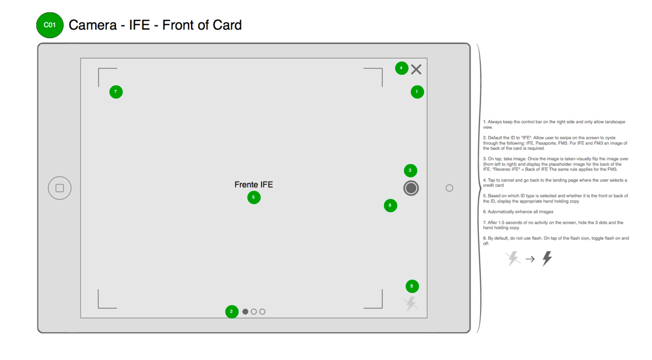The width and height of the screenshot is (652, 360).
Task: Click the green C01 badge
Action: click(x=50, y=25)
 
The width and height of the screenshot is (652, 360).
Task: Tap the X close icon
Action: click(x=416, y=70)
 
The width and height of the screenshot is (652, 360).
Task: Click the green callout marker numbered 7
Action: click(x=116, y=92)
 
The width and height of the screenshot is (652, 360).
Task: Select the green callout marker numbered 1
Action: click(x=417, y=92)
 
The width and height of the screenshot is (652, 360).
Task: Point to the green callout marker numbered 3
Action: click(x=410, y=171)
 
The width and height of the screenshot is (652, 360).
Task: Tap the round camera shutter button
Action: click(x=411, y=188)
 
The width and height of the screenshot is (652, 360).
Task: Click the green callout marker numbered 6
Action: click(x=390, y=205)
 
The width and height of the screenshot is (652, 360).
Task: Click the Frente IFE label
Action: click(x=253, y=185)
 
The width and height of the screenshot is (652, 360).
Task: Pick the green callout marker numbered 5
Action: click(x=253, y=197)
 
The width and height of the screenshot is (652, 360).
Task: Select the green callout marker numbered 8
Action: click(x=412, y=286)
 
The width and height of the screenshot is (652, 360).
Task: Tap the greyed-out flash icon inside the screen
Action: click(x=411, y=304)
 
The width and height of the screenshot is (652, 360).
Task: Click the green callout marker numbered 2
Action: click(x=231, y=312)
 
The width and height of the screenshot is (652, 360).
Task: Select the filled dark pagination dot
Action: click(x=245, y=312)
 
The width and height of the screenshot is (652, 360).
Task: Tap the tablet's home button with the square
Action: click(x=60, y=188)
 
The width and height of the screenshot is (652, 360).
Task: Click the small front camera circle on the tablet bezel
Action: click(x=449, y=188)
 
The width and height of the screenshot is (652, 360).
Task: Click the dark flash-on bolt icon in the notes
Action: click(x=547, y=259)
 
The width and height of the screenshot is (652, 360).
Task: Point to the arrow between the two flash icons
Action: click(x=530, y=259)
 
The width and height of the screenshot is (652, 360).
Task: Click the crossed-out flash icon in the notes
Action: click(x=512, y=259)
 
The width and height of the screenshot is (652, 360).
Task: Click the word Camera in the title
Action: click(x=93, y=25)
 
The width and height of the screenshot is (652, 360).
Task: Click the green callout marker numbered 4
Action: click(x=401, y=68)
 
